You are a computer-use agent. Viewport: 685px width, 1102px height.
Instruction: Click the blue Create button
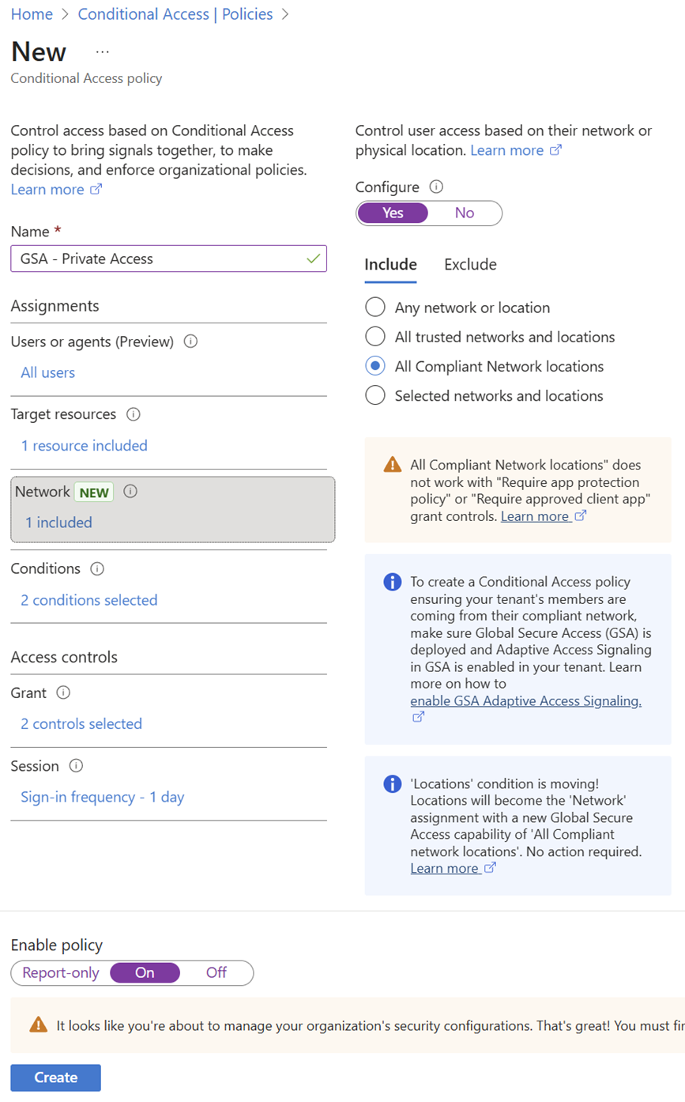tap(55, 1077)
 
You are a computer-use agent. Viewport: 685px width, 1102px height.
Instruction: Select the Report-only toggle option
tap(61, 973)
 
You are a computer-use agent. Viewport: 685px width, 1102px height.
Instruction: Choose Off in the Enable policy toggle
tap(216, 973)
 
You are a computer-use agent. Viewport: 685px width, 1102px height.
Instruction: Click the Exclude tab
tap(470, 265)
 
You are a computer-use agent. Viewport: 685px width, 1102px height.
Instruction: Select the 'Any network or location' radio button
tap(375, 308)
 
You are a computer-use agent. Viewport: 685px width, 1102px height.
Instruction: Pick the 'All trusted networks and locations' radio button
tap(375, 337)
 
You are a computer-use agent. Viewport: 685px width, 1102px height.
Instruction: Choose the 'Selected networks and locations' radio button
tap(375, 396)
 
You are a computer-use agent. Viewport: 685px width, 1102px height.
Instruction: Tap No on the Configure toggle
tap(465, 213)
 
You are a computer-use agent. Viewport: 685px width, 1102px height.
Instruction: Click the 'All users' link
tap(48, 372)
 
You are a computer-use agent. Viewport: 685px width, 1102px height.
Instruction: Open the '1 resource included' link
tap(84, 446)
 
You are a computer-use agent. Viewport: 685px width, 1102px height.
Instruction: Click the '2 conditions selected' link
tap(88, 600)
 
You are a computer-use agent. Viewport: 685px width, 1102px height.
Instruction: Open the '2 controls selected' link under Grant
tap(81, 724)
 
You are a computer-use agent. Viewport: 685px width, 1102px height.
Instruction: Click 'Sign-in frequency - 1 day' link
tap(102, 797)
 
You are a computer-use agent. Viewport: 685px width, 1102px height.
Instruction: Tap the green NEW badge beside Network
tap(94, 492)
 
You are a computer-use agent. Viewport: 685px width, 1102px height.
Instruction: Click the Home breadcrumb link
tap(32, 14)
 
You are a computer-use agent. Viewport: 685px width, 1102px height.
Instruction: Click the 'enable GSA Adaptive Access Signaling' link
tap(525, 701)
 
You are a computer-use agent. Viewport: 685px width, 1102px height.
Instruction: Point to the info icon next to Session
tap(77, 766)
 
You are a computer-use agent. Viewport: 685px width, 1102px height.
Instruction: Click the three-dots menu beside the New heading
tap(103, 51)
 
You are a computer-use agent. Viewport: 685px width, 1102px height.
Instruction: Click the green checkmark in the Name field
tap(314, 259)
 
